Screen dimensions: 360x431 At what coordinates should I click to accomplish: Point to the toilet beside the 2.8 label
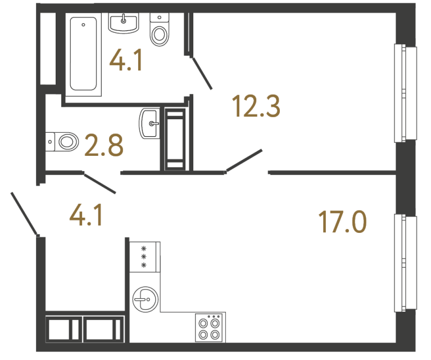click(x=62, y=140)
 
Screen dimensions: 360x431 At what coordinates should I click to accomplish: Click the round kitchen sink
click(x=145, y=298)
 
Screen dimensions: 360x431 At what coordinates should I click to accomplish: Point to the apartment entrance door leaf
click(x=24, y=213)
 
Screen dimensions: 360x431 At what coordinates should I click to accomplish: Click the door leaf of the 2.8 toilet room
click(x=99, y=183)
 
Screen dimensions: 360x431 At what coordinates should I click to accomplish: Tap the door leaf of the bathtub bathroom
click(x=201, y=71)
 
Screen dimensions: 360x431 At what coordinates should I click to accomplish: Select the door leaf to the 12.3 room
click(x=244, y=160)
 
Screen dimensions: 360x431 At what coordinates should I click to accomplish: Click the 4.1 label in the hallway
click(x=85, y=215)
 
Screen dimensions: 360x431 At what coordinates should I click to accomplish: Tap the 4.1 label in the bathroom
click(x=126, y=60)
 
